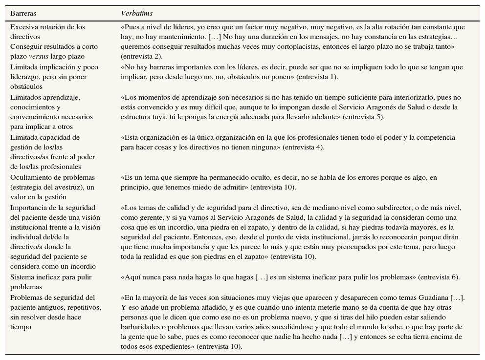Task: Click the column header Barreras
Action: click(x=23, y=13)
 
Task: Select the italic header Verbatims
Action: click(x=136, y=13)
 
